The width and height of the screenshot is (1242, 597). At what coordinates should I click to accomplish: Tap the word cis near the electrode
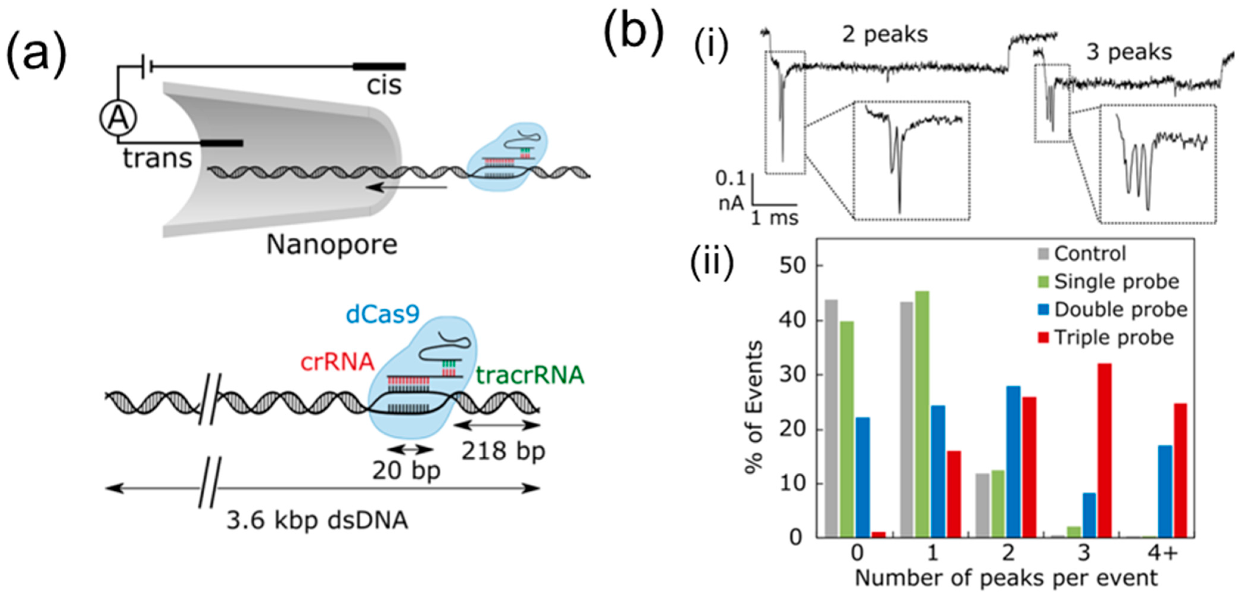pos(384,86)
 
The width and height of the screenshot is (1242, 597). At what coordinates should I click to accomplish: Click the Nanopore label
pos(332,245)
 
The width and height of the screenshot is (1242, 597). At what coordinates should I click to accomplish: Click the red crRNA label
pos(337,362)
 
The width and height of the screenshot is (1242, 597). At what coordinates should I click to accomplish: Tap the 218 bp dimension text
pos(503,451)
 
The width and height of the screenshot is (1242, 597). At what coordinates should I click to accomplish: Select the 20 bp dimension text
pos(406,470)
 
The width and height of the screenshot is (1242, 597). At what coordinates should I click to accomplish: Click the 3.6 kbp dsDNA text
pos(317,521)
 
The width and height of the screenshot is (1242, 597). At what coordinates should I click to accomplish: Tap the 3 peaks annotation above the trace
pos(1129,52)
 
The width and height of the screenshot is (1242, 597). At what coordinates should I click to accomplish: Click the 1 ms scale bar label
pos(775,218)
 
